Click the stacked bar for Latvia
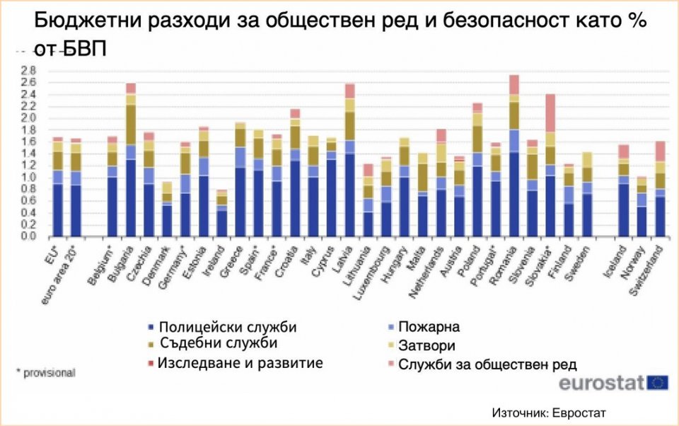tap(349, 160)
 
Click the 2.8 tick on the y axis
tap(28, 70)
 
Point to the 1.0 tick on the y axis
tap(28, 177)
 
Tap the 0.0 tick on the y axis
tap(28, 236)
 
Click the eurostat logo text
tap(601, 383)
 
